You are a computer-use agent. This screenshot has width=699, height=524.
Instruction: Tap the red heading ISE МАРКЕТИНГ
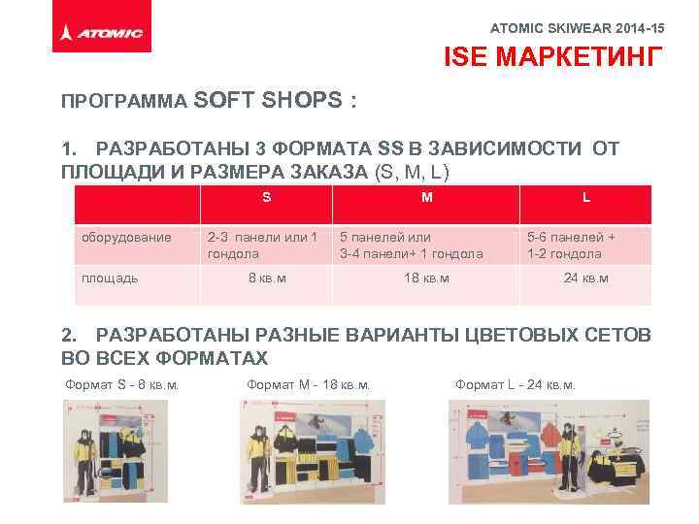point(555,58)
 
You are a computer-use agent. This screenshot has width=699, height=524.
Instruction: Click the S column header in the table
point(266,197)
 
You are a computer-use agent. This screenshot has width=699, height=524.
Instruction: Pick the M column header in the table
point(427,197)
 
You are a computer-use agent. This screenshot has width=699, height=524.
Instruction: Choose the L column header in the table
point(585,197)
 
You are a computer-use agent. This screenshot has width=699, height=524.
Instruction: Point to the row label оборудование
point(126,237)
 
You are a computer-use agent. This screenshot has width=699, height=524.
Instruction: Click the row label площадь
point(110,278)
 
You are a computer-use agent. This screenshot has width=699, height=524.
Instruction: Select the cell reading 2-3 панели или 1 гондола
point(261,246)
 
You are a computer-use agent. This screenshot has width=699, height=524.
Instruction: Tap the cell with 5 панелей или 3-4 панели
point(412,246)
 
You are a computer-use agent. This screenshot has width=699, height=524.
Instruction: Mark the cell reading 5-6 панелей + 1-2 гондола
point(571,246)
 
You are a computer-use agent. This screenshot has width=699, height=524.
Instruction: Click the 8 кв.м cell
point(266,278)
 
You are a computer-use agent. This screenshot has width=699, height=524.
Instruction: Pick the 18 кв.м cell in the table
point(426,278)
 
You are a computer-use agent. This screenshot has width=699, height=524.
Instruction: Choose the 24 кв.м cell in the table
point(585,278)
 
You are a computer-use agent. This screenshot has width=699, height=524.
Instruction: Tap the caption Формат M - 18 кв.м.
point(309,385)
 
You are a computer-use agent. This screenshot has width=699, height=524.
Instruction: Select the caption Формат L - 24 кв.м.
point(515,385)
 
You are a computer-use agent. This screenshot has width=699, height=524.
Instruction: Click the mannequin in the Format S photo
point(85,456)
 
